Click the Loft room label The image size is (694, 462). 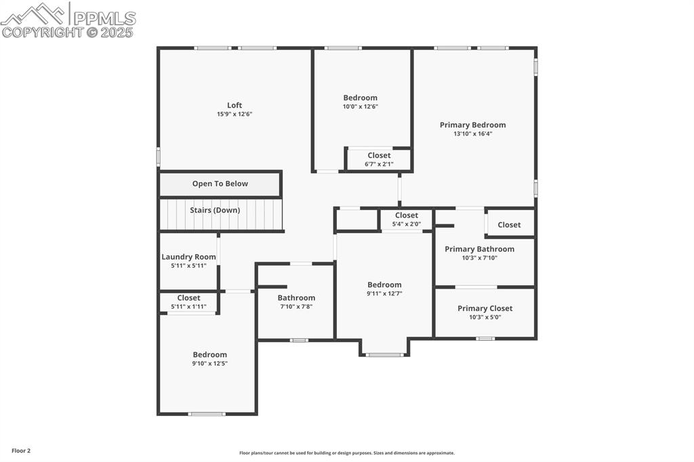tap(234, 105)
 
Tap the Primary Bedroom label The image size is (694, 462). tap(472, 125)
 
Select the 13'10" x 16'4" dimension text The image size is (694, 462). tap(472, 134)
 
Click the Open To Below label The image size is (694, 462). tap(220, 184)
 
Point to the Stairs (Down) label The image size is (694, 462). tap(214, 210)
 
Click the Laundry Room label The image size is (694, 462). tap(188, 257)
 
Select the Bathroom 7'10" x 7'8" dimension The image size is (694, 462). tap(296, 307)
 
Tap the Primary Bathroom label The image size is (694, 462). tap(479, 249)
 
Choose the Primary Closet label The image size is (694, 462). tap(485, 308)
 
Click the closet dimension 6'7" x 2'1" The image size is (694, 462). tap(379, 164)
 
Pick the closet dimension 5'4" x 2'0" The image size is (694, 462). tap(406, 224)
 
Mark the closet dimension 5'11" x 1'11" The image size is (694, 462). tap(188, 307)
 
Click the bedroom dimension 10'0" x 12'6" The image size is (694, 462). tap(360, 106)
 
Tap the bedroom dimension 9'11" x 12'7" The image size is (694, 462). tap(384, 293)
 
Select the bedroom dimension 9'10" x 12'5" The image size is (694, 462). tap(209, 364)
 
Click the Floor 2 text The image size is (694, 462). tap(21, 450)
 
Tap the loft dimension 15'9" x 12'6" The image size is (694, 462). tap(234, 114)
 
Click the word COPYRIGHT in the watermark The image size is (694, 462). tap(42, 32)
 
